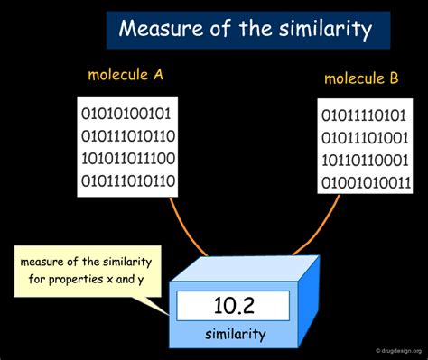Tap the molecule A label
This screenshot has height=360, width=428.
[x=126, y=76]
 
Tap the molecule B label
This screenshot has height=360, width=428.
[x=361, y=79]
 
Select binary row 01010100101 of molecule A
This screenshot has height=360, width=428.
[x=126, y=115]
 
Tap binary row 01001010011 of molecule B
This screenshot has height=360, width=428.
[x=366, y=184]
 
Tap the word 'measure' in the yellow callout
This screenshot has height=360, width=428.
[x=47, y=263]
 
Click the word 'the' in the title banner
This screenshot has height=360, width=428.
[x=250, y=29]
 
